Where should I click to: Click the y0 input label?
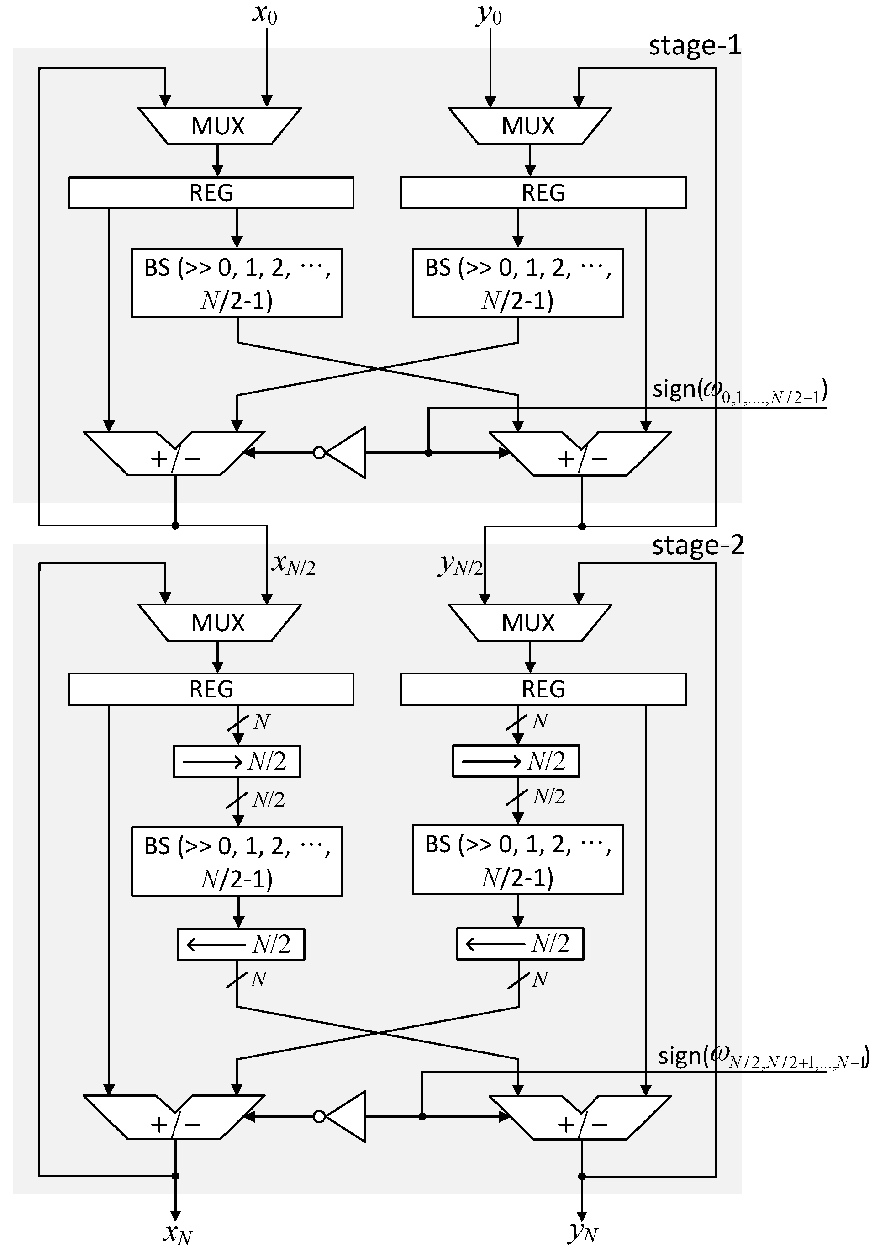click(x=489, y=15)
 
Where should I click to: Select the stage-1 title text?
click(x=695, y=45)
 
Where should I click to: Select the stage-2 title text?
click(x=697, y=545)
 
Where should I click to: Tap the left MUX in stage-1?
click(x=219, y=126)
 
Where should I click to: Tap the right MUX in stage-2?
click(x=529, y=623)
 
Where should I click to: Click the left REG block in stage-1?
click(x=211, y=193)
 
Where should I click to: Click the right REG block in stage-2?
click(x=543, y=689)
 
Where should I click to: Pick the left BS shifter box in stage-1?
click(x=237, y=283)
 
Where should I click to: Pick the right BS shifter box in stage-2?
click(x=517, y=860)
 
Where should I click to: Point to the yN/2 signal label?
click(x=461, y=565)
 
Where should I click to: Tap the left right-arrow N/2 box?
click(x=237, y=761)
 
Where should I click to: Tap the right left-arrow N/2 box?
click(x=520, y=944)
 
